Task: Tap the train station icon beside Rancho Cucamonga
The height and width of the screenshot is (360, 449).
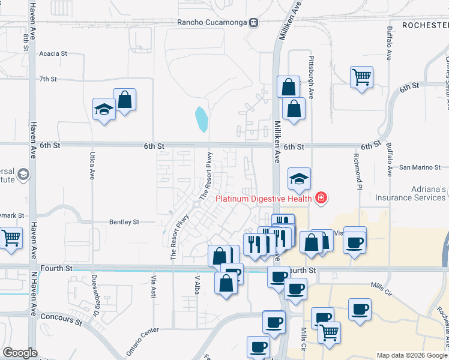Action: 255,23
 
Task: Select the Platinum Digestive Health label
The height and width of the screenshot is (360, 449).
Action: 256,198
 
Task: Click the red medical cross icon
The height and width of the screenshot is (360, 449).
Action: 321,197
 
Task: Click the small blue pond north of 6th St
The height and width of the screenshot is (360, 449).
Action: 202,119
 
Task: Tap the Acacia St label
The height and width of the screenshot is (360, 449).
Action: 53,53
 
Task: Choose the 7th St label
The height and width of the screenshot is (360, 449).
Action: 48,79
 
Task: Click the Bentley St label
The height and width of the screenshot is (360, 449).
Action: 124,222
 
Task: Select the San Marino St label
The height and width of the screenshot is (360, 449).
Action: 420,167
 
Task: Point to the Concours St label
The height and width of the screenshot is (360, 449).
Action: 62,322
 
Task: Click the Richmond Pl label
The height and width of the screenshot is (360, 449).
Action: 357,168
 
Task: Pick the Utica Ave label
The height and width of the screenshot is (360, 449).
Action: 92,174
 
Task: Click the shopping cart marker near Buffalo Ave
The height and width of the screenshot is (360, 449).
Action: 361,77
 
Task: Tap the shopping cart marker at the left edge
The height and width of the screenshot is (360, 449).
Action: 10,238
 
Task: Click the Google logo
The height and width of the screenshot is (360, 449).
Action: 20,353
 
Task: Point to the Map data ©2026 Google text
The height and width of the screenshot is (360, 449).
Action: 411,355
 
